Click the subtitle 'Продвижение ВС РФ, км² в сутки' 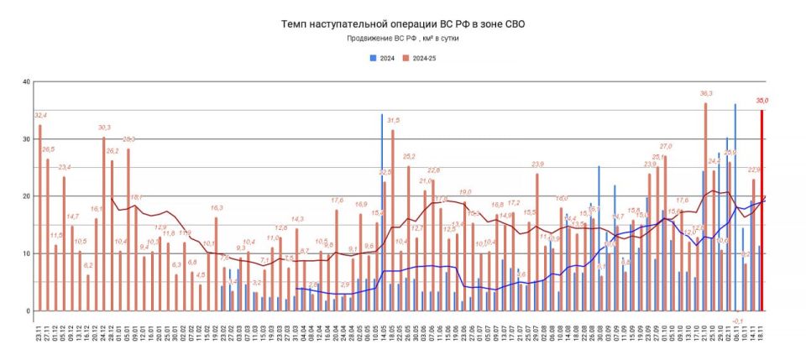click(x=402, y=39)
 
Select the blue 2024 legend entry click(x=383, y=58)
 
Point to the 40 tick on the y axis click(x=25, y=82)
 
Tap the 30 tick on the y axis click(x=25, y=139)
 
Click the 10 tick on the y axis click(x=25, y=253)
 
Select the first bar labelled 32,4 click(x=39, y=218)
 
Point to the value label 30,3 click(x=104, y=128)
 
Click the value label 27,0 click(x=665, y=147)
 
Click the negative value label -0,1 click(x=738, y=320)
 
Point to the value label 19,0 click(x=464, y=192)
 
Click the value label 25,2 click(x=409, y=157)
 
